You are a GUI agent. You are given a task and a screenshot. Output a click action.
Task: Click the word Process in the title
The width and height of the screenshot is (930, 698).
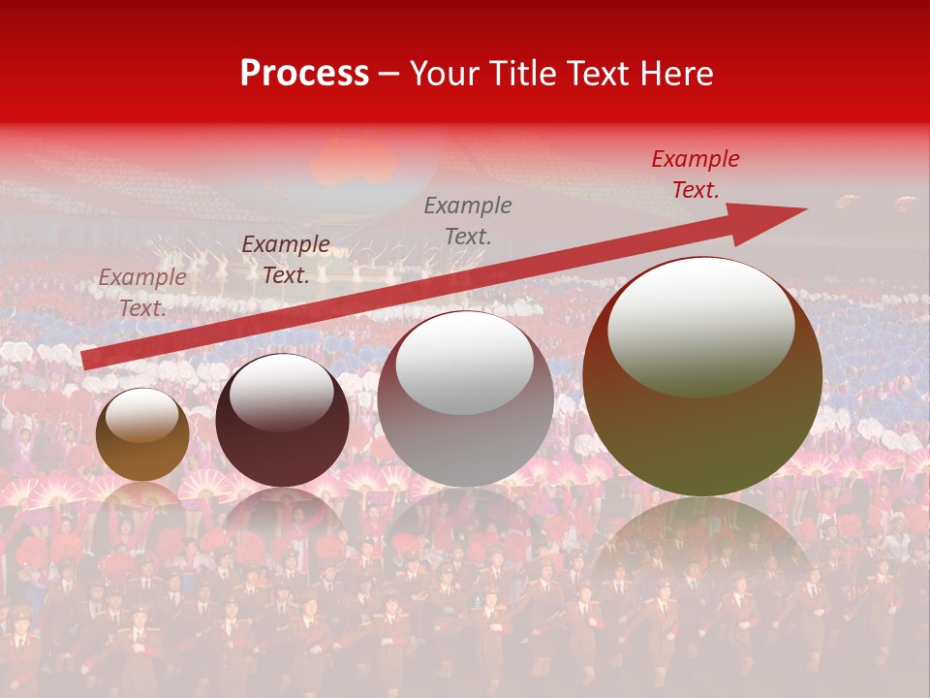pos(304,74)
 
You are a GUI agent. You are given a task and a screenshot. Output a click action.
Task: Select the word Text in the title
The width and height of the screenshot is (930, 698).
pos(596,74)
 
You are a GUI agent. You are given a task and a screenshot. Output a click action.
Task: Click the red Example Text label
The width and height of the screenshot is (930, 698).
pos(695,174)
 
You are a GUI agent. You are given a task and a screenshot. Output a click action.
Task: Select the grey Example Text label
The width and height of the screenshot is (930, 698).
pos(468,220)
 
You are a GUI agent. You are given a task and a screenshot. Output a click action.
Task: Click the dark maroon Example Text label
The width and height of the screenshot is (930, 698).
pos(286,260)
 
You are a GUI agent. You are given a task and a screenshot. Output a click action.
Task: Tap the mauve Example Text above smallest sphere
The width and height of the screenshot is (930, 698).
pos(142,292)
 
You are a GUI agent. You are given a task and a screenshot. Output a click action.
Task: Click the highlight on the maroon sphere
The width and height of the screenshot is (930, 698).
pos(281,393)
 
